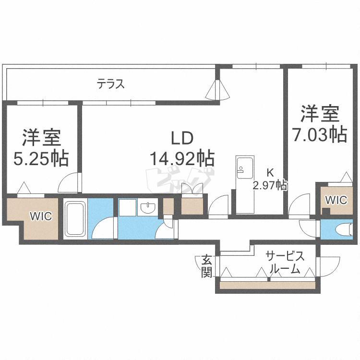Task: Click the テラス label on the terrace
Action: (x=110, y=84)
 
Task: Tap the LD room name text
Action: (x=182, y=138)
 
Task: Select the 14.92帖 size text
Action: (x=182, y=158)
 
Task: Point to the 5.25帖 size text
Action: (x=41, y=158)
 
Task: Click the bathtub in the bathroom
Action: (x=75, y=218)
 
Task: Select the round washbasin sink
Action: (x=148, y=207)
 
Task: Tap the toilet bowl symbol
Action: (x=344, y=230)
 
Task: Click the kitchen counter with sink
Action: (x=245, y=184)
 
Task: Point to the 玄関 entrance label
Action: (x=206, y=266)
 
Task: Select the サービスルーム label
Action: (x=285, y=263)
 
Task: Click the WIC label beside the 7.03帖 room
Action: (x=336, y=200)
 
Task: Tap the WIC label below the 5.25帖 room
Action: (x=41, y=216)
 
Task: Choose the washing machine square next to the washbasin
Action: (x=128, y=207)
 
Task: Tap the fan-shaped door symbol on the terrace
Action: (x=217, y=90)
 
